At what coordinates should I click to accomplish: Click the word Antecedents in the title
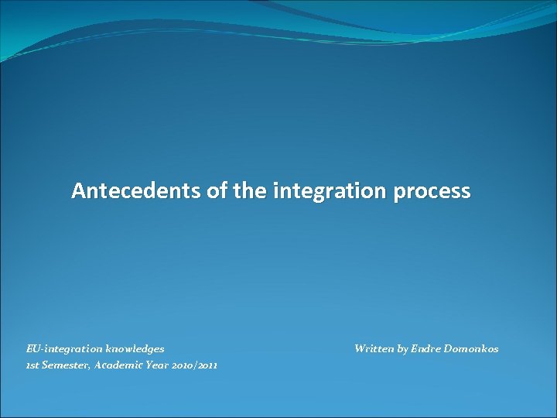click(136, 191)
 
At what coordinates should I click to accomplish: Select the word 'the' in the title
click(249, 191)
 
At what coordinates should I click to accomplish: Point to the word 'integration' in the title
click(328, 191)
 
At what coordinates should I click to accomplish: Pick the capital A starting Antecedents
click(78, 191)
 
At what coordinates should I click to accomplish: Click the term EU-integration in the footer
click(59, 349)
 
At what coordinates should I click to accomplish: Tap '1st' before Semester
click(33, 365)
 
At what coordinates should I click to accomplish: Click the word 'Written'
click(374, 349)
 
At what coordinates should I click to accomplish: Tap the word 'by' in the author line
click(403, 349)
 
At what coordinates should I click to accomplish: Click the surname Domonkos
click(472, 349)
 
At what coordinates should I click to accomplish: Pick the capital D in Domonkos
click(449, 349)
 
